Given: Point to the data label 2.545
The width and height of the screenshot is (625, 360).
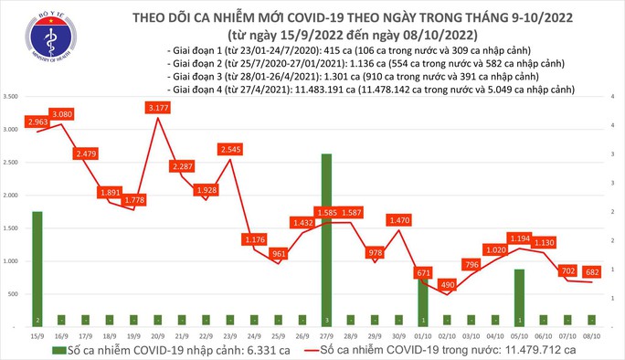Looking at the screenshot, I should [236, 149].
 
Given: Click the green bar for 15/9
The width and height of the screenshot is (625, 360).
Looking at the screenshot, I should [37, 268].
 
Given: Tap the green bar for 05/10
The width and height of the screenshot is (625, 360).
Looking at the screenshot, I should [520, 297].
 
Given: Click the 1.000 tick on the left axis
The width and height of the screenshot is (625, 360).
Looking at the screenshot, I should [13, 261].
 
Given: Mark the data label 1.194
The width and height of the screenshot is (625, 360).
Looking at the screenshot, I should [519, 238].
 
